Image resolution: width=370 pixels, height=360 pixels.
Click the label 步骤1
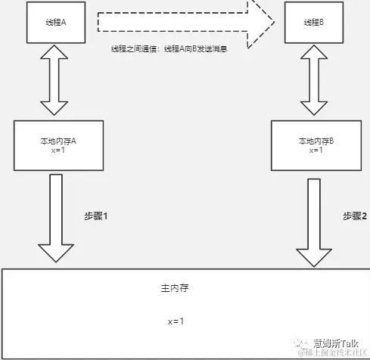point(96,216)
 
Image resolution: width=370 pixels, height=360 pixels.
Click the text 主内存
point(174,290)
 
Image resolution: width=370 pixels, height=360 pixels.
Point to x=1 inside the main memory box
point(176,321)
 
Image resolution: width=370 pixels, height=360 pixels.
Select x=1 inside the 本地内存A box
point(58,151)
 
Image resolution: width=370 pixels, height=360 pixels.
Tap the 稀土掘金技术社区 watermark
point(333,353)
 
